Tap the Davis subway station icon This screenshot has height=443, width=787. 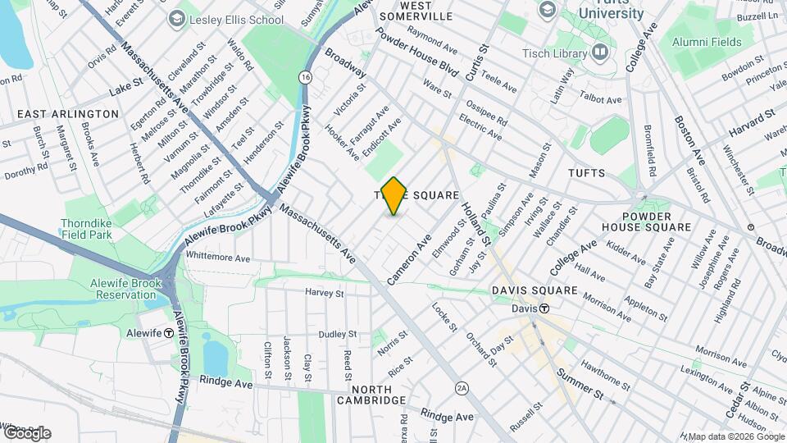544,308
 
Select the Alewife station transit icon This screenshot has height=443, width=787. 168,333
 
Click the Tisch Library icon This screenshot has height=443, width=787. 601,53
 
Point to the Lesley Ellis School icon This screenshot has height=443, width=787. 176,18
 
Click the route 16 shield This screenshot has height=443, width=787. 305,76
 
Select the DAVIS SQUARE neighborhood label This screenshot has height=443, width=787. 535,291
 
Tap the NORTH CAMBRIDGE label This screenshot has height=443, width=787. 371,394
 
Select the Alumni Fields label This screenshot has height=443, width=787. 706,40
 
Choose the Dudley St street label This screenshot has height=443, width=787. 338,334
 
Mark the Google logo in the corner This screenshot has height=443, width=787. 27,432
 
